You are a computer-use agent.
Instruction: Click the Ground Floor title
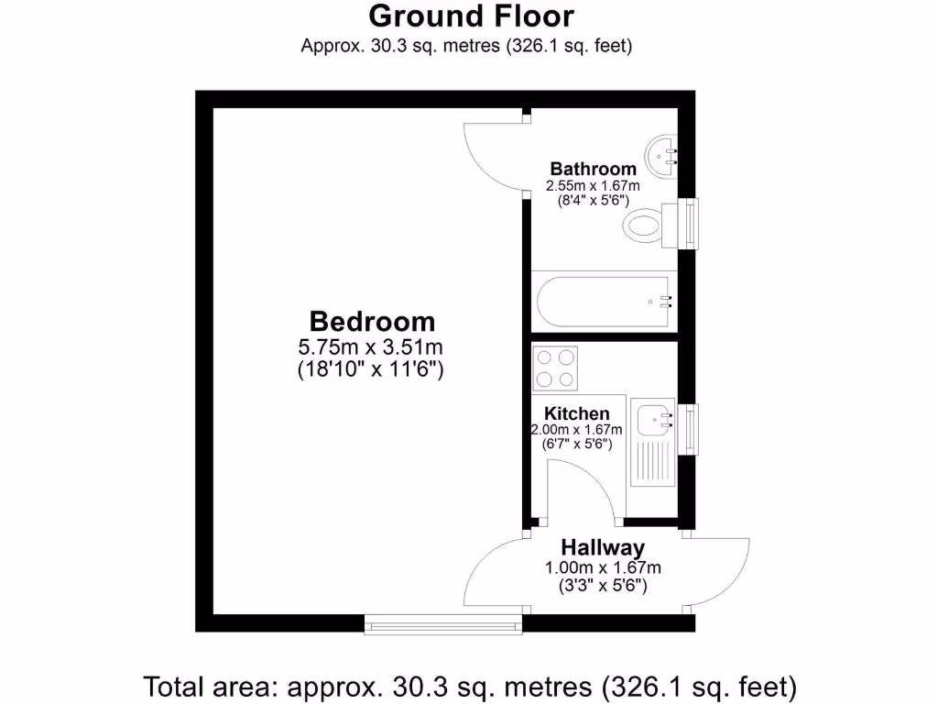point(471,16)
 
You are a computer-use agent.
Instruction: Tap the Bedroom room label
point(372,322)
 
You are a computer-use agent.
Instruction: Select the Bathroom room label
point(593,169)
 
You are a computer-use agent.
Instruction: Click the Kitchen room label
point(577,414)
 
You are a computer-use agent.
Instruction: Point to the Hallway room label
point(603,548)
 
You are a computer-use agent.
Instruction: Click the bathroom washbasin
point(660,156)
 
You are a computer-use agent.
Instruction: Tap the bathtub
point(604,300)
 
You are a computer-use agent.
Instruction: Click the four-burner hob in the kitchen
point(556,368)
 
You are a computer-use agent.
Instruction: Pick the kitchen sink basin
point(654,419)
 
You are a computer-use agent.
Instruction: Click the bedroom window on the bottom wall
point(443,624)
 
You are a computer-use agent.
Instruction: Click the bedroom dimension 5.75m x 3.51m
point(371,347)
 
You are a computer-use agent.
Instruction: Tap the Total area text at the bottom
point(470,685)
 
